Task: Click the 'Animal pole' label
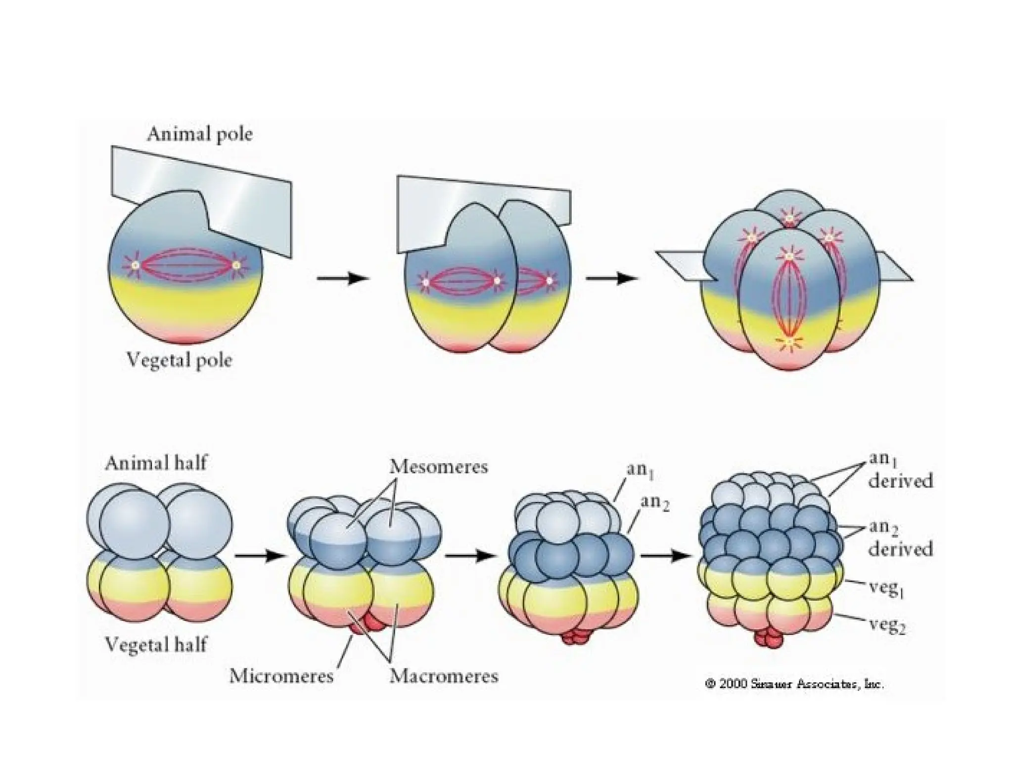coord(199,134)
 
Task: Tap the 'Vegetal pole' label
coord(179,360)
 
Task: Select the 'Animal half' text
coord(156,463)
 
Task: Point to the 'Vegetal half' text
coord(156,645)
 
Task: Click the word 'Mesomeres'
coord(438,467)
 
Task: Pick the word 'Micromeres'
coord(281,676)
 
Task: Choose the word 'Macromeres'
coord(444,676)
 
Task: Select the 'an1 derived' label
coord(900,470)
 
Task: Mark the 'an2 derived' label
coord(900,539)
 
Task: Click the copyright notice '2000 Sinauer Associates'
coord(794,685)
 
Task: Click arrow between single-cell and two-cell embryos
coord(343,279)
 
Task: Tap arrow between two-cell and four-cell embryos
coord(612,279)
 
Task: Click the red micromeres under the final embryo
coord(770,639)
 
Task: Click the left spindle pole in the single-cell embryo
coord(135,265)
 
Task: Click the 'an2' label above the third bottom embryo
coord(655,503)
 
